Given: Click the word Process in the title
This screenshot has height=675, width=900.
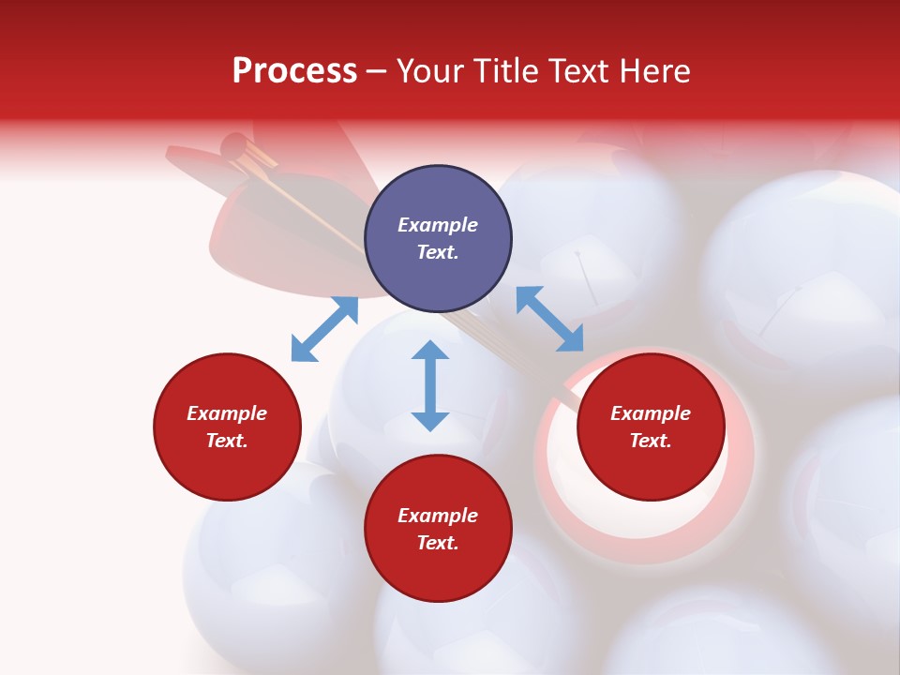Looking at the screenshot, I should pos(294,72).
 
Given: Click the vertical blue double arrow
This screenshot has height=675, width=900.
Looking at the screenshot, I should pos(430,385).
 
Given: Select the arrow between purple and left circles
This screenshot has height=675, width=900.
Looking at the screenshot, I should pos(324,329).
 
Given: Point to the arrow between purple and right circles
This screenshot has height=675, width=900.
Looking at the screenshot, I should pos(550,320).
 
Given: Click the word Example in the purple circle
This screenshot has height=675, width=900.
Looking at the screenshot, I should pos(438,225).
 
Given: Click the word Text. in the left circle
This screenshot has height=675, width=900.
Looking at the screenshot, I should pos(227,441).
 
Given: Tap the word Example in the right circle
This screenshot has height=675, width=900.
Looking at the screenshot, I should pos(651,413).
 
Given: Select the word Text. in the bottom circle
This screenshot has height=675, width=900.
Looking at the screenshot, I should pos(438,543).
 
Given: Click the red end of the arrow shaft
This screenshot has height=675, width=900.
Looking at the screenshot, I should pos(233,146).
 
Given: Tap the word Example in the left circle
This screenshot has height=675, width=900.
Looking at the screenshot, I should pos(227,413).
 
